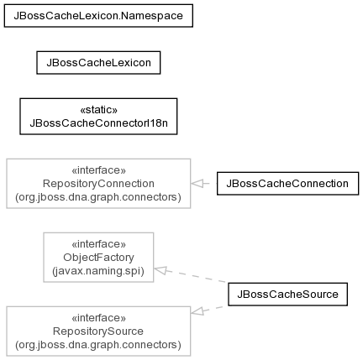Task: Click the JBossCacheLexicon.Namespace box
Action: click(x=98, y=16)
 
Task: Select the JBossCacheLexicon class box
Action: click(x=98, y=63)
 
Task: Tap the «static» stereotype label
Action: click(x=98, y=110)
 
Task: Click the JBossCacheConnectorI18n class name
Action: click(x=98, y=123)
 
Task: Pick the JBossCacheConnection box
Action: click(x=287, y=184)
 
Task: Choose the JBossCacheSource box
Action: click(x=287, y=295)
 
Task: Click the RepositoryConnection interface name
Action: click(x=98, y=184)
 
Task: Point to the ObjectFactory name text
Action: click(x=98, y=258)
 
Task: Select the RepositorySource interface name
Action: click(x=98, y=331)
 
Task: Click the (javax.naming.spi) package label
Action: click(x=98, y=271)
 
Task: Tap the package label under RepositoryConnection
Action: click(x=98, y=197)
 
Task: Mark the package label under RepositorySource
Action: click(x=98, y=345)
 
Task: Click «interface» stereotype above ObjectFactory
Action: click(x=98, y=244)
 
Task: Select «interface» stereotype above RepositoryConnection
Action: click(x=98, y=170)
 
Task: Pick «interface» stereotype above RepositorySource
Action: click(x=98, y=318)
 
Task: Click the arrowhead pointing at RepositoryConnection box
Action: click(x=197, y=184)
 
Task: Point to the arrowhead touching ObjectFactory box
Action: click(x=160, y=270)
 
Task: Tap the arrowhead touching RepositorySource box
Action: click(x=197, y=311)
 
